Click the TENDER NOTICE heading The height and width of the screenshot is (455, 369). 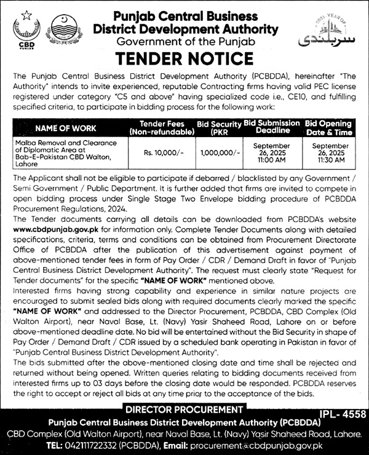[184, 58]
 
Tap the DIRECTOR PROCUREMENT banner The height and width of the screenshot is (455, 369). [184, 410]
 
